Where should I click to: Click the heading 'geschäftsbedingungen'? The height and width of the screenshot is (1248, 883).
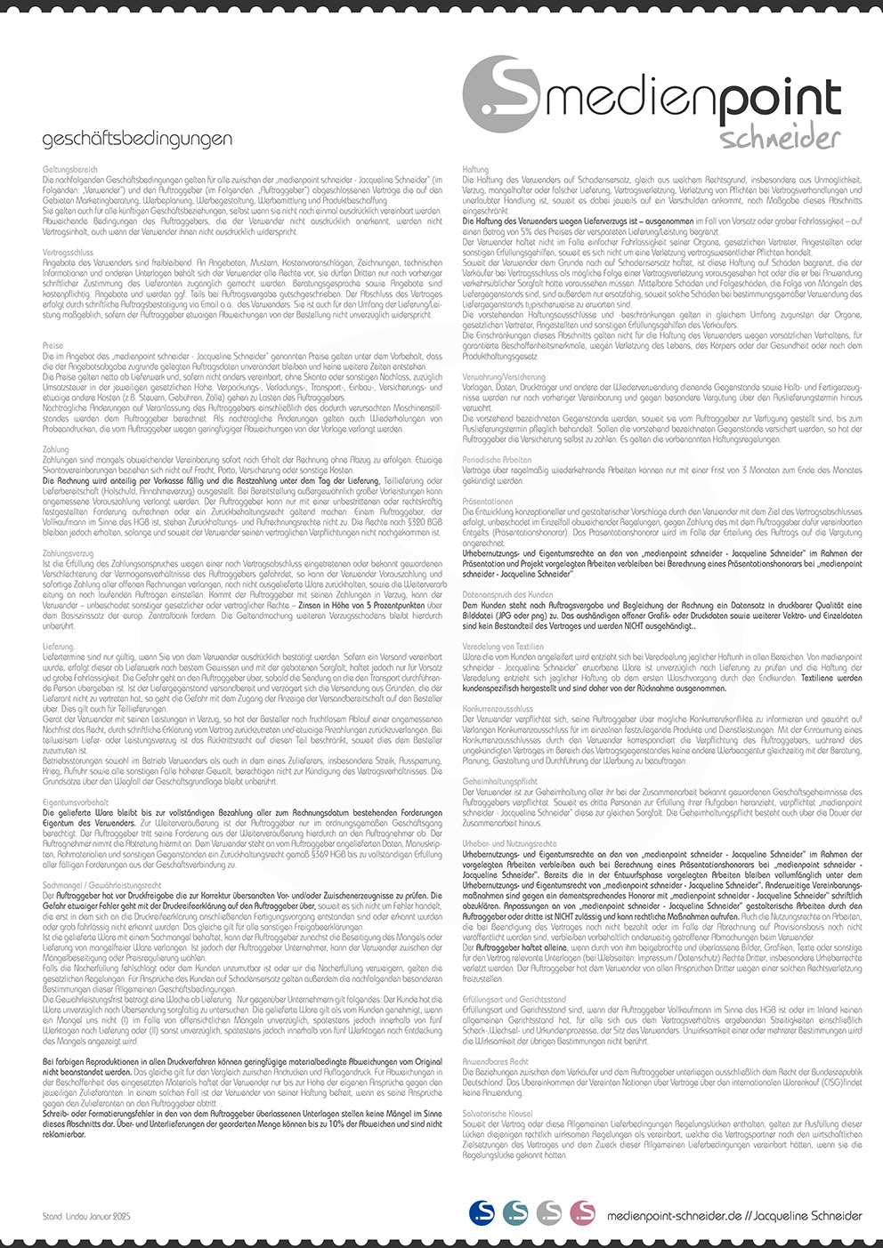tap(137, 139)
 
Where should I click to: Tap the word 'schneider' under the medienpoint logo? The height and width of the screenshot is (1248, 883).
tap(780, 138)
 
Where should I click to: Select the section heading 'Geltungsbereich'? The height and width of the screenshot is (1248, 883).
tap(70, 169)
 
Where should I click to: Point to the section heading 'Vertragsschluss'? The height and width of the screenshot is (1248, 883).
tap(69, 253)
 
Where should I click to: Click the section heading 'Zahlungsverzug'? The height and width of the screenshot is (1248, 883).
tap(69, 554)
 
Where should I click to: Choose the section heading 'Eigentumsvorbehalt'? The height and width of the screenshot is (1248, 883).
tap(76, 802)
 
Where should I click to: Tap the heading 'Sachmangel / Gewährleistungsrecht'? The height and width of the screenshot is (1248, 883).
tap(102, 886)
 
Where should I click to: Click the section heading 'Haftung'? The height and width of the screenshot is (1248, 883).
tap(476, 169)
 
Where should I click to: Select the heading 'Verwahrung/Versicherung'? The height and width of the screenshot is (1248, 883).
tap(504, 377)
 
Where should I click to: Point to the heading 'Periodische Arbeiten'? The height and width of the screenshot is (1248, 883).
tap(497, 460)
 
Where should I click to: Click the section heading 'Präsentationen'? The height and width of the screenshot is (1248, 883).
tap(488, 502)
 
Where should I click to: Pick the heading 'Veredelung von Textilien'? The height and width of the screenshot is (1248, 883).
tap(503, 647)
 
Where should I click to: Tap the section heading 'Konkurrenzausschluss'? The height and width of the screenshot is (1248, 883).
tap(498, 709)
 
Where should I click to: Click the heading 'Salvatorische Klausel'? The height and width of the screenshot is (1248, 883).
tap(498, 1114)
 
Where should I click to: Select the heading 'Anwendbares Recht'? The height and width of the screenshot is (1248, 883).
tap(496, 1062)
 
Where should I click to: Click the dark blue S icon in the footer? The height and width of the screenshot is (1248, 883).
tap(482, 1212)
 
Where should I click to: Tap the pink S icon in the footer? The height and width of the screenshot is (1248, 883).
tap(582, 1212)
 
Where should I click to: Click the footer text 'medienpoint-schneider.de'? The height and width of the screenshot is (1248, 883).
tap(674, 1215)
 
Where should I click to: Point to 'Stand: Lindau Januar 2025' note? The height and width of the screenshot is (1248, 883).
tap(86, 1215)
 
